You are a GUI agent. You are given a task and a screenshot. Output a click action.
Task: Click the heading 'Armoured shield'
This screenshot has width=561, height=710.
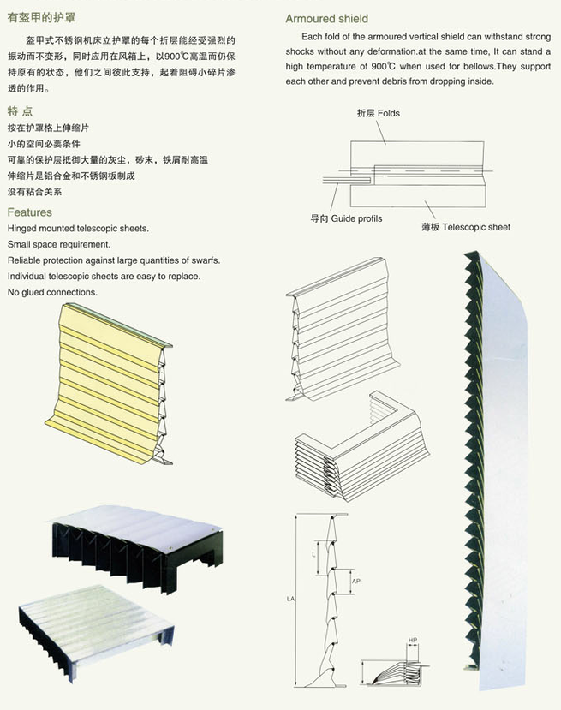tap(326, 18)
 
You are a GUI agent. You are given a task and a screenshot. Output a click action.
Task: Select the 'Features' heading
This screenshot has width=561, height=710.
tap(29, 212)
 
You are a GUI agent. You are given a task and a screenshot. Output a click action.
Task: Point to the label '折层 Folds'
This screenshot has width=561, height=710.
tap(378, 113)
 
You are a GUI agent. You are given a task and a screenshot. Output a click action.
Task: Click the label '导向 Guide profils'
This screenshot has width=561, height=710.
tap(346, 218)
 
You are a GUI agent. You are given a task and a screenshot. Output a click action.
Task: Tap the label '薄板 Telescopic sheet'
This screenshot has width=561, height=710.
tap(465, 227)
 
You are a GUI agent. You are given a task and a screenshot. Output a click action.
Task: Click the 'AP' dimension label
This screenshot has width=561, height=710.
tap(355, 581)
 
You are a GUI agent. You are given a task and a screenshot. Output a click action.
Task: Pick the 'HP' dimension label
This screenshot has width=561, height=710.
tap(412, 640)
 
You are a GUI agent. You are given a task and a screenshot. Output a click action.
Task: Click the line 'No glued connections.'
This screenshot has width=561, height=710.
tap(52, 292)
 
